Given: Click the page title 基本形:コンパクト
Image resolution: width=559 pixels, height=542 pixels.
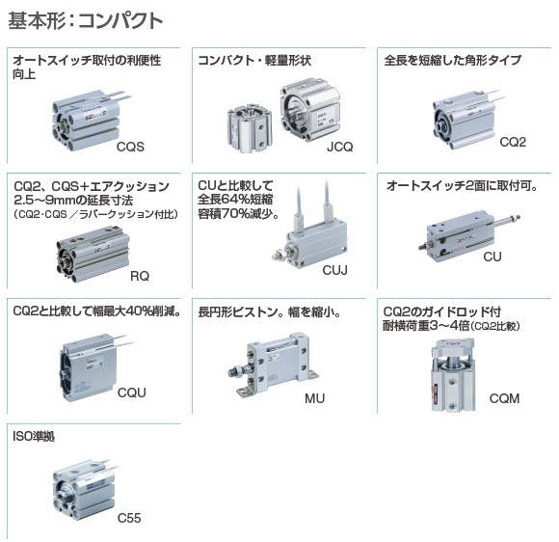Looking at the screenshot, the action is [x=86, y=20].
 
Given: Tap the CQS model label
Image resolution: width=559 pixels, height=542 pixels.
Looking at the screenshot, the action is [x=130, y=147].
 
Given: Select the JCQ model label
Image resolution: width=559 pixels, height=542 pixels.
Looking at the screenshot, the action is [x=340, y=147].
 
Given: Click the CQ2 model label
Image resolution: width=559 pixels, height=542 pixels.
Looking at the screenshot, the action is [x=513, y=142].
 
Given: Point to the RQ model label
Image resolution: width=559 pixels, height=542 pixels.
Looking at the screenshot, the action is [x=140, y=276].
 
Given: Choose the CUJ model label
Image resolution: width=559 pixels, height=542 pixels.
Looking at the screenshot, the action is [x=334, y=270].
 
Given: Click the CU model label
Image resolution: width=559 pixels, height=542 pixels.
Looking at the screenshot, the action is [x=492, y=257].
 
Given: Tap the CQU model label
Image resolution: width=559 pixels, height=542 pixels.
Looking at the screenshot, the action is [x=131, y=393].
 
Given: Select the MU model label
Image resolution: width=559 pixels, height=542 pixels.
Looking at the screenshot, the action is [x=315, y=398].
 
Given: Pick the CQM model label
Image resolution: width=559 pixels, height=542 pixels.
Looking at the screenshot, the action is [x=504, y=398].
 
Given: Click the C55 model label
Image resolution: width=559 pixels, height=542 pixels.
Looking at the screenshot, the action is [x=129, y=518].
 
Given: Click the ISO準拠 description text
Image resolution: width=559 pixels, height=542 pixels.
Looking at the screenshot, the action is [x=34, y=436].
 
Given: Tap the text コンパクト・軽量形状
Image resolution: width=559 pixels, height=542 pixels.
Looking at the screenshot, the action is [x=254, y=61].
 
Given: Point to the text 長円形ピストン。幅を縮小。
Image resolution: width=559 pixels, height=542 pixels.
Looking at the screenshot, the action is [x=270, y=312].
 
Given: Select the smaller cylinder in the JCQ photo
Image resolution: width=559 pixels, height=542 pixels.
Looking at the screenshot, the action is [x=250, y=128].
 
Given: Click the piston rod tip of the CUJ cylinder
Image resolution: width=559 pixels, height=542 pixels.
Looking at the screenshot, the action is [x=276, y=256].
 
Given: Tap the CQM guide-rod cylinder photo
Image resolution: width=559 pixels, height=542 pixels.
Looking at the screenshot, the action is [x=453, y=374].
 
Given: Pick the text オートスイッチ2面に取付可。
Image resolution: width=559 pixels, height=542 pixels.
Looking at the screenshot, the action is [x=462, y=186].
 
